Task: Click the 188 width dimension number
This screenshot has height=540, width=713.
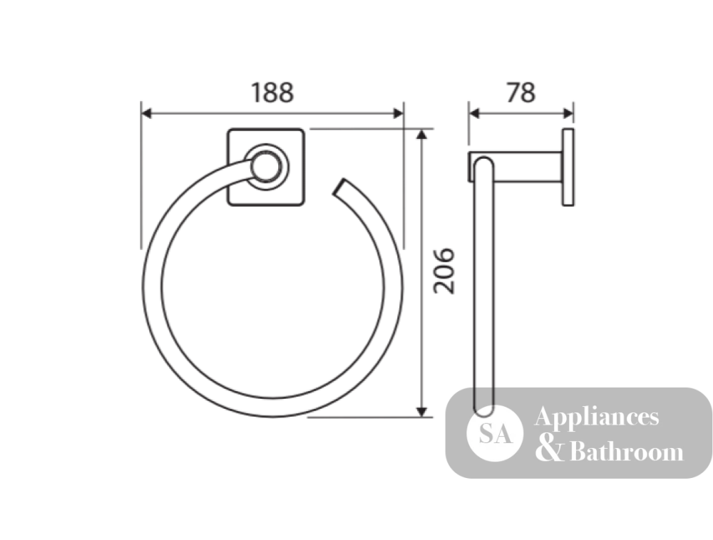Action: pyautogui.click(x=272, y=93)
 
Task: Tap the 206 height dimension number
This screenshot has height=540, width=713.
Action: pyautogui.click(x=443, y=271)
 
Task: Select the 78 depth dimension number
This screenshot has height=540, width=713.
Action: pyautogui.click(x=521, y=93)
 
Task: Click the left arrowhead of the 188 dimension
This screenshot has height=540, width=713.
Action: pyautogui.click(x=146, y=113)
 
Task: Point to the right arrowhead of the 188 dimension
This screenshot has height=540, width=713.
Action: pyautogui.click(x=399, y=113)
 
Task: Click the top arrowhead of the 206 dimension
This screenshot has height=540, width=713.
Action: pyautogui.click(x=422, y=134)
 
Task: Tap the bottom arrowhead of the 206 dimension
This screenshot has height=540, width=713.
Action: pyautogui.click(x=422, y=412)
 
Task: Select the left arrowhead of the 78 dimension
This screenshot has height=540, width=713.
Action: pyautogui.click(x=474, y=113)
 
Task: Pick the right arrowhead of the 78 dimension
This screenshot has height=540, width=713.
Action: pyautogui.click(x=568, y=113)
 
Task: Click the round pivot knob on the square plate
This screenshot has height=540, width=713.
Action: pyautogui.click(x=267, y=167)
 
